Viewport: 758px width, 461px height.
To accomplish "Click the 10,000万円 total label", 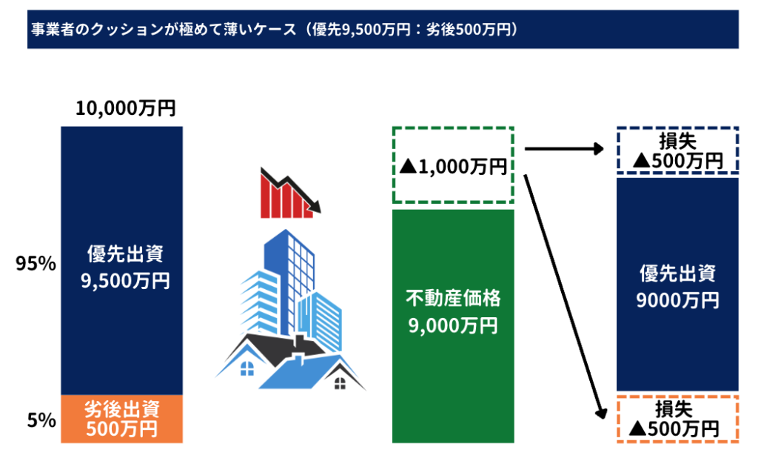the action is [126, 108].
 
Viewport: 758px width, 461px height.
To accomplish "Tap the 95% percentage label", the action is [36, 264].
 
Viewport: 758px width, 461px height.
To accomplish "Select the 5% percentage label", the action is [41, 420].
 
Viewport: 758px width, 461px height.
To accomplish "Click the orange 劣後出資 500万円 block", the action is [122, 419].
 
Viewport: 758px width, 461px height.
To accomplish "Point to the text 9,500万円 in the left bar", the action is [125, 281].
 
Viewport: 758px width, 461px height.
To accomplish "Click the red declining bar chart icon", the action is [290, 193].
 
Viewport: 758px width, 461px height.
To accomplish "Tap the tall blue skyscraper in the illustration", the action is [289, 281].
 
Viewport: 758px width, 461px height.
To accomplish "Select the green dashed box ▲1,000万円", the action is [453, 165].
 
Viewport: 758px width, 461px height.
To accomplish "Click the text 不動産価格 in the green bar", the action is [453, 298].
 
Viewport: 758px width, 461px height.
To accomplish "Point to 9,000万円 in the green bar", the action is [453, 325].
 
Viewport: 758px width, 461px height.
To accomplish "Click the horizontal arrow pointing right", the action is [564, 149].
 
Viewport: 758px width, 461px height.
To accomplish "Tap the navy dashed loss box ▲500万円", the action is [677, 150].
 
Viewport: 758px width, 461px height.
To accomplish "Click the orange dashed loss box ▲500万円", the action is [677, 419].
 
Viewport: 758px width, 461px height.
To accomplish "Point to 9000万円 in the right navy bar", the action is [677, 301].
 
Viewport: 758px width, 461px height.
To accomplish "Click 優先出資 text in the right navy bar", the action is [677, 273].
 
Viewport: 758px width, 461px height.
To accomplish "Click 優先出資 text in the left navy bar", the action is [125, 253].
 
